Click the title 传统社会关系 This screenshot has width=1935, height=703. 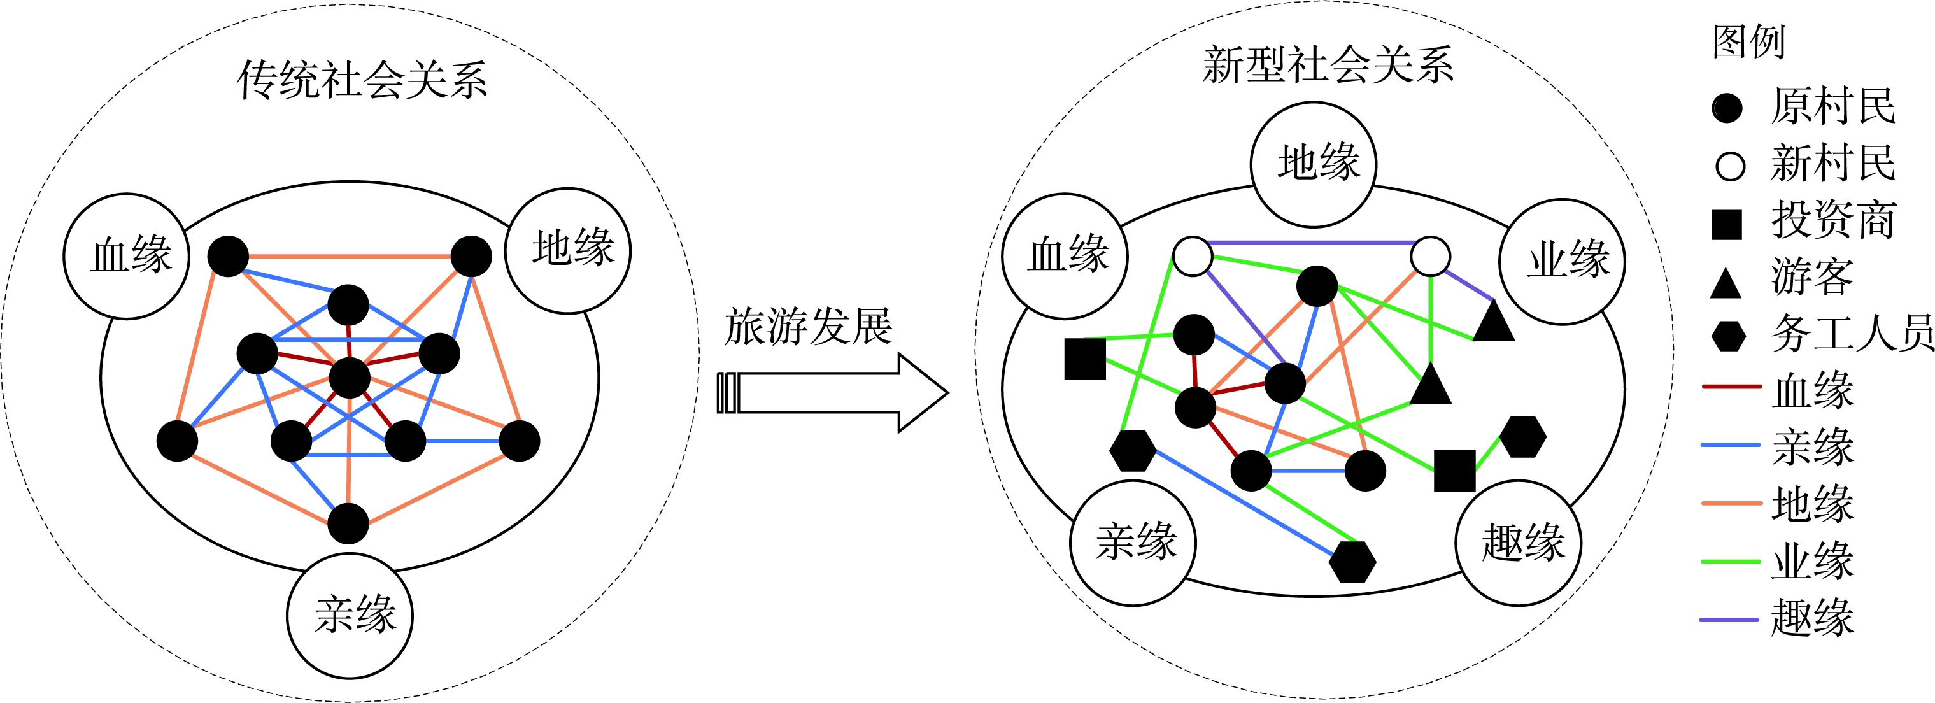[x=362, y=80]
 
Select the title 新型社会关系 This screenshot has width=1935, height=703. [x=1328, y=64]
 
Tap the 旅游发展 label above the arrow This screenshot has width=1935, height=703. [x=808, y=327]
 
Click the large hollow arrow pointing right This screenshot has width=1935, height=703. [x=834, y=392]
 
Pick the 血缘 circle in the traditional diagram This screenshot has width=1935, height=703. [x=126, y=256]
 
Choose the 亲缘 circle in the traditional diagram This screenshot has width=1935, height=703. [x=350, y=616]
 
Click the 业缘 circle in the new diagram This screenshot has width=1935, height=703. [x=1563, y=261]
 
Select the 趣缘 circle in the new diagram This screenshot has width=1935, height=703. [x=1519, y=543]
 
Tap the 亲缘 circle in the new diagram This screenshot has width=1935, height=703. [x=1133, y=543]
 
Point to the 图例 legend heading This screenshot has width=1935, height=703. [x=1748, y=41]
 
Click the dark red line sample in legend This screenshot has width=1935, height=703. [x=1731, y=386]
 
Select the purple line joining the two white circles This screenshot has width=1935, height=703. [x=1311, y=243]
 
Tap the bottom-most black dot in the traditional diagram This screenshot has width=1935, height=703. [x=348, y=523]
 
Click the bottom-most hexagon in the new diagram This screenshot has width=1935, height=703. [x=1352, y=561]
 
